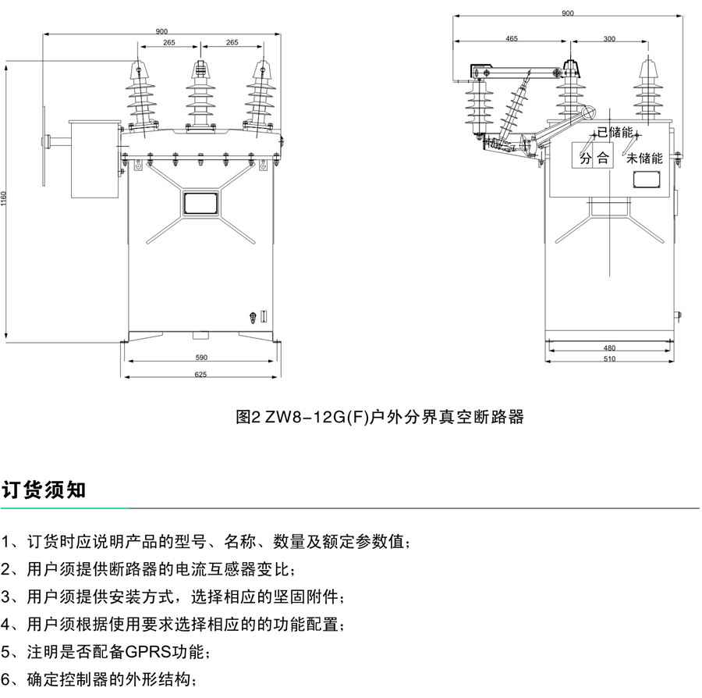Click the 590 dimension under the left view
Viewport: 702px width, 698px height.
pyautogui.click(x=200, y=358)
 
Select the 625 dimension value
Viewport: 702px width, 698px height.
pyautogui.click(x=200, y=375)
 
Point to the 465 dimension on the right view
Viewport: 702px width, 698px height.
pyautogui.click(x=512, y=38)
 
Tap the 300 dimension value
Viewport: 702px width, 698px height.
pyautogui.click(x=609, y=38)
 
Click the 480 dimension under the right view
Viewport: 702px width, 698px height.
pyautogui.click(x=609, y=348)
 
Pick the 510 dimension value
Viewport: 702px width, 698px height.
pyautogui.click(x=609, y=359)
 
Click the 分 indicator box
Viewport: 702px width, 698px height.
pyautogui.click(x=586, y=158)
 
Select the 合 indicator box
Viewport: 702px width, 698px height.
pyautogui.click(x=603, y=158)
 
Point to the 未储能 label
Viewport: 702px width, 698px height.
pyautogui.click(x=644, y=158)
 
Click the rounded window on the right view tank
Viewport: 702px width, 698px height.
pyautogui.click(x=647, y=179)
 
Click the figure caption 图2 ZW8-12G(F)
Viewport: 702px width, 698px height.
pyautogui.click(x=379, y=417)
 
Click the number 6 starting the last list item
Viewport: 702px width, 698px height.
pyautogui.click(x=7, y=678)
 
